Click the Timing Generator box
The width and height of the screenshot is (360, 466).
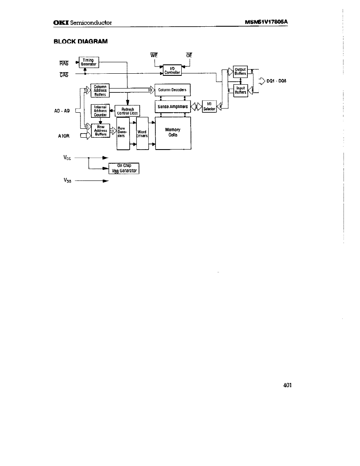pos(89,62)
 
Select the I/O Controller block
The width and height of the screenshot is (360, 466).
pos(173,69)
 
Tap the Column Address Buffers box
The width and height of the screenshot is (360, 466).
pos(100,91)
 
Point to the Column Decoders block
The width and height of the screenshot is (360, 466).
pos(173,90)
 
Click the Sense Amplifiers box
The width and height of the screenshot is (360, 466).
pos(173,107)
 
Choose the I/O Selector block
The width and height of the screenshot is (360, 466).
pos(209,106)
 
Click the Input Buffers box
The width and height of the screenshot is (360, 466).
pos(240,91)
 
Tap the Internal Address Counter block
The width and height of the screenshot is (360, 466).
pos(100,111)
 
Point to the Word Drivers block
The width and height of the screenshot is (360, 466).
pos(142,133)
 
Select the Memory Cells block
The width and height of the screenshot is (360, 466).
pos(173,133)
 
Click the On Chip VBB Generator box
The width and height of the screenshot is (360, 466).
pos(124,169)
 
